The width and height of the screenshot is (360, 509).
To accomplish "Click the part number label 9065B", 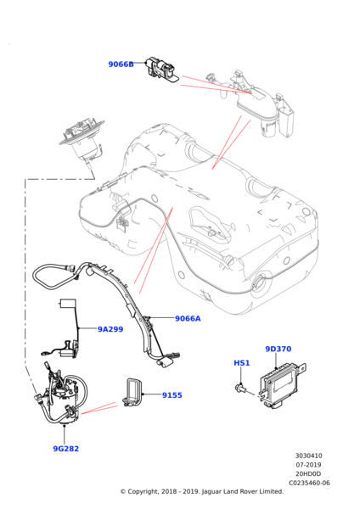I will click(x=121, y=64).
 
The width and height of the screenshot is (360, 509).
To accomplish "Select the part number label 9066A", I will click(x=188, y=318).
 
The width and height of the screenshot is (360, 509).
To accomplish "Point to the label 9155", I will click(x=172, y=394).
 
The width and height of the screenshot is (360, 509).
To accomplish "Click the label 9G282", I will click(x=66, y=448).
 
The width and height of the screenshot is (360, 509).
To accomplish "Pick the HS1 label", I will click(x=243, y=363).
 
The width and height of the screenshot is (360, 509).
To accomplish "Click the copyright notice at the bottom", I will click(x=201, y=491).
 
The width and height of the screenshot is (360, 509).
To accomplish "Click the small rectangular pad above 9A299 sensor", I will click(x=69, y=305).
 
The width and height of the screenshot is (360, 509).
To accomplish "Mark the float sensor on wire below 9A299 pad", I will click(x=59, y=347).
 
